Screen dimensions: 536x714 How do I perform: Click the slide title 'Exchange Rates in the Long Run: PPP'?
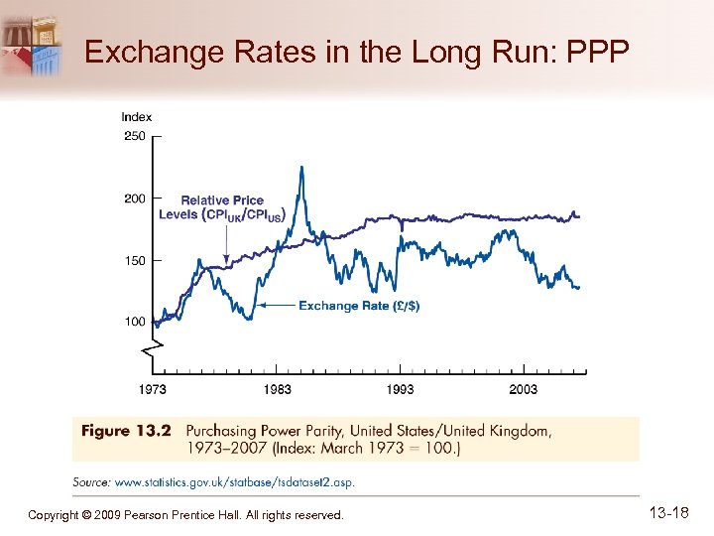coord(357,52)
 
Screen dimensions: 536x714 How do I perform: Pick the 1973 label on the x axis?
coord(154,389)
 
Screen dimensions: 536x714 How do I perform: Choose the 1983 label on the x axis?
coord(277,389)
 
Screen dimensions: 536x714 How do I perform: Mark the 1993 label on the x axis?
coord(401,389)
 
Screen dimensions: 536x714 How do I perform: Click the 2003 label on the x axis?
coord(524,389)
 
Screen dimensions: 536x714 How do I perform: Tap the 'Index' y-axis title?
coord(137,117)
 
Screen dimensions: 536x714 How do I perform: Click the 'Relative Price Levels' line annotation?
coord(222,207)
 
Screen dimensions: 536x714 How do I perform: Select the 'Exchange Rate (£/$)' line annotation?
coord(359,306)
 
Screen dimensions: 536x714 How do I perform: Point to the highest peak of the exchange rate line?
coord(300,168)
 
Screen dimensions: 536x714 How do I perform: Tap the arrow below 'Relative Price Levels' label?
coord(227,243)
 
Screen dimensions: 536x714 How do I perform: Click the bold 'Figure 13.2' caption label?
coord(126,431)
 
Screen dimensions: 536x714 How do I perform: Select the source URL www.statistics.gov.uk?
coord(234,482)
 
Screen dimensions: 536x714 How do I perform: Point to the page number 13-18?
coord(668,513)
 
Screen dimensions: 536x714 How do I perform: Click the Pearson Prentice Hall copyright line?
coord(185,515)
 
